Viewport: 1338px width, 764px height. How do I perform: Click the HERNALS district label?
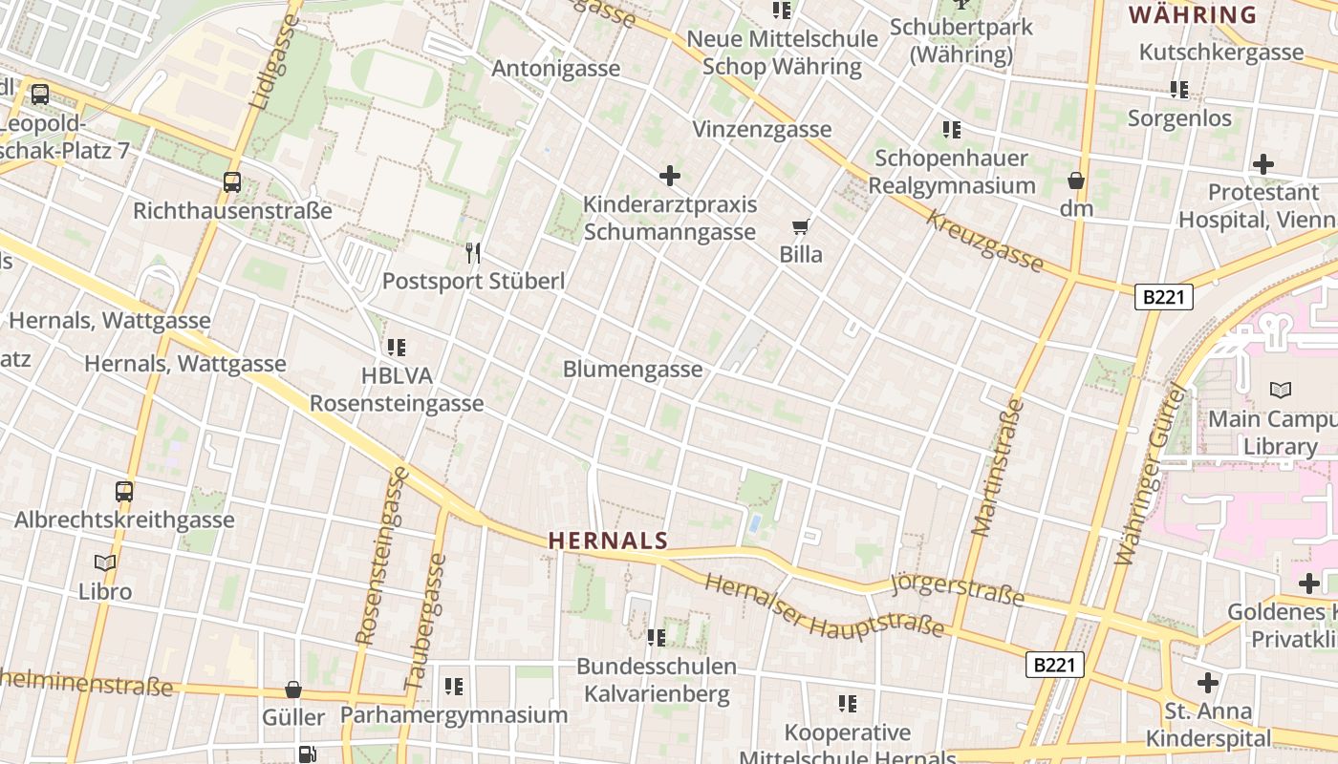[608, 541]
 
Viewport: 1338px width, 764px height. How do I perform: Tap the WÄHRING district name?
[1192, 15]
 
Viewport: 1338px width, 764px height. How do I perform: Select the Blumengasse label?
[633, 370]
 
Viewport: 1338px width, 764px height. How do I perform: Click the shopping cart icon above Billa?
[801, 227]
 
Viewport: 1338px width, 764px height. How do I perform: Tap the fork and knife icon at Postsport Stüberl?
[473, 253]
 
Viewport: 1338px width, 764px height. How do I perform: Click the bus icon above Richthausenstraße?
[232, 182]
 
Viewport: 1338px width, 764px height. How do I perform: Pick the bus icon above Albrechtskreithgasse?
[124, 492]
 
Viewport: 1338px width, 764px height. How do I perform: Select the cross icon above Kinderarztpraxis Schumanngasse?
[670, 176]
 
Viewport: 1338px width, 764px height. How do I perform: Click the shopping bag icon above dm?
[1076, 180]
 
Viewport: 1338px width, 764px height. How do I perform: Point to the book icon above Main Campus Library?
[1280, 390]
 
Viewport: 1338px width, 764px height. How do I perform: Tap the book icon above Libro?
[105, 563]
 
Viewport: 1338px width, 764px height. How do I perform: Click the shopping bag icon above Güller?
[293, 690]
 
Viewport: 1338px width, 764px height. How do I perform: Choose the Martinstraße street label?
[999, 468]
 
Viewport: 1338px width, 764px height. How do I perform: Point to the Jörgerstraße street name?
[957, 591]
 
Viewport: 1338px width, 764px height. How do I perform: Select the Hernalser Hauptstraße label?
[825, 607]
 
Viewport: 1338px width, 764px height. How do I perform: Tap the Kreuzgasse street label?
[983, 241]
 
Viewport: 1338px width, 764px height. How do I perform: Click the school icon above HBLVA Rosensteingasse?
[397, 348]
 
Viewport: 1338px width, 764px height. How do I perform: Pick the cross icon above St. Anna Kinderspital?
[1208, 683]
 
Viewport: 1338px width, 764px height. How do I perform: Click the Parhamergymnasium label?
[454, 715]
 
